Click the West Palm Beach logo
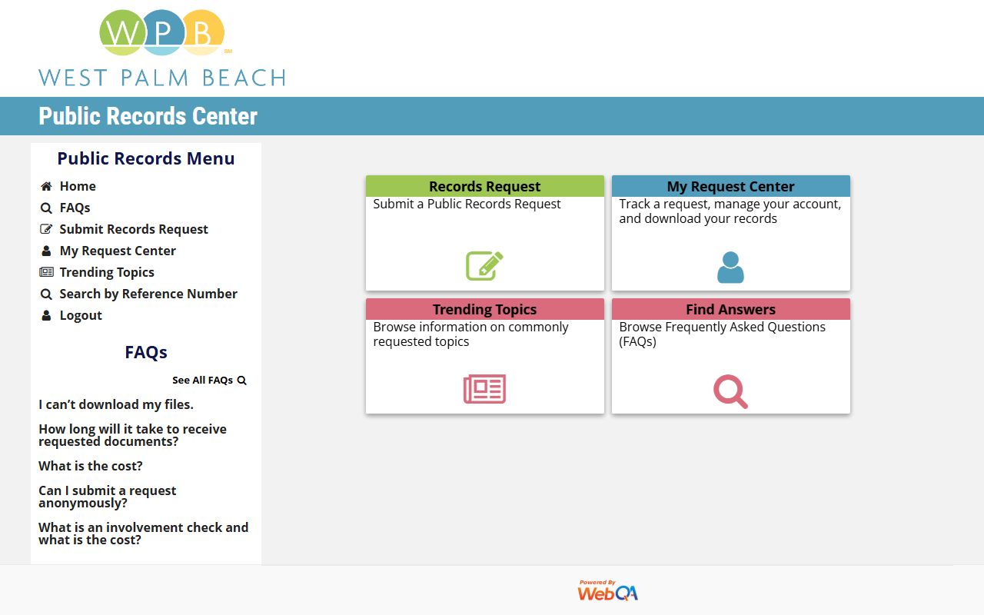tap(162, 48)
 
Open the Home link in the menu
tap(78, 186)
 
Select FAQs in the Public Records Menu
tap(75, 208)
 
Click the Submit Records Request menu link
tap(134, 229)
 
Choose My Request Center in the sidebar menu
tap(118, 251)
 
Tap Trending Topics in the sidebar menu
tap(107, 272)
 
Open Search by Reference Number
tap(148, 294)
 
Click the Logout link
tap(81, 315)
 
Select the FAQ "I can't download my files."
tap(116, 404)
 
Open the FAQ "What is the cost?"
tap(91, 466)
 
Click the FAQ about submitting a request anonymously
tap(108, 497)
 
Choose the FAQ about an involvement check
tap(144, 534)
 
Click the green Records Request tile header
tap(484, 186)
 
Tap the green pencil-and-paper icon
tap(484, 266)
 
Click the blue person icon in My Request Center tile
tap(730, 268)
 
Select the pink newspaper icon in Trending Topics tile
tap(484, 389)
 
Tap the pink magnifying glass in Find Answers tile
tap(730, 391)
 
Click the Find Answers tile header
tap(730, 309)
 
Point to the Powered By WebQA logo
tap(607, 590)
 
